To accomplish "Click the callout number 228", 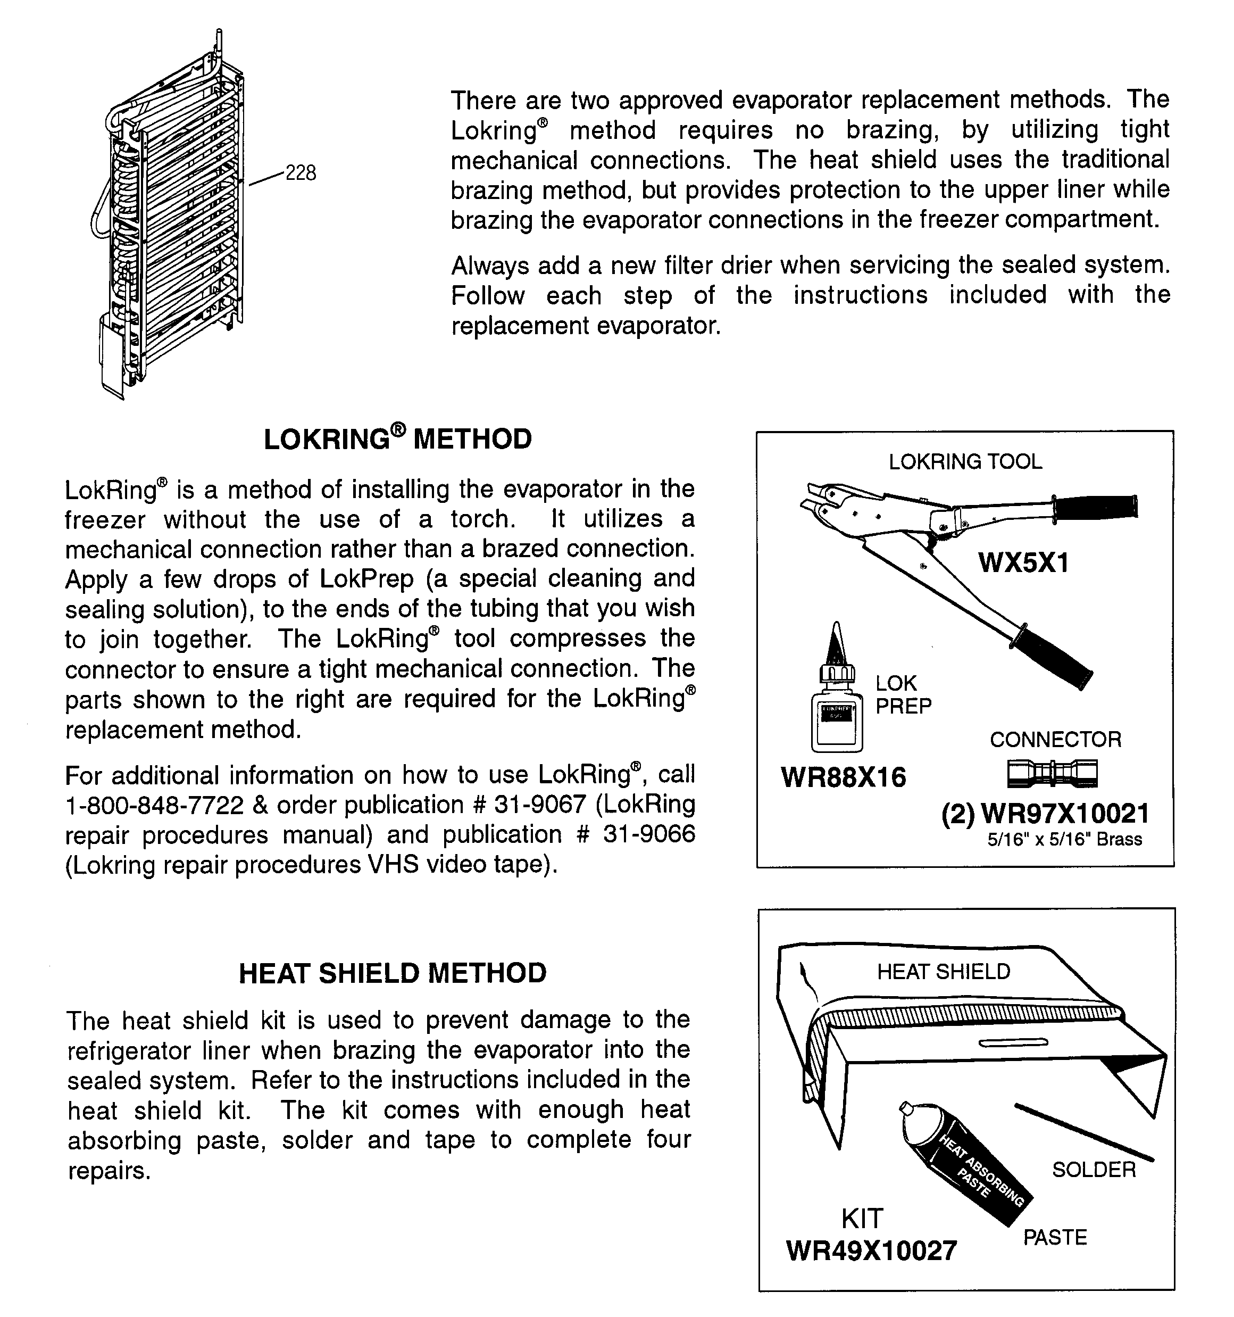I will click(300, 173).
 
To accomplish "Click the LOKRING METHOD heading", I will click(397, 439).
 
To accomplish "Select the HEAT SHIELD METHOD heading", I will click(392, 973).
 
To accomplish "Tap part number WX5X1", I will click(1023, 563).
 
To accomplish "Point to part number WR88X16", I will click(843, 777).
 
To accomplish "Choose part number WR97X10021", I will click(1064, 814).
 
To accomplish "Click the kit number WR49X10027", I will click(871, 1251).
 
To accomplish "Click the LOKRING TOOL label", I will click(965, 462).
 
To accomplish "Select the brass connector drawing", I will click(1052, 773).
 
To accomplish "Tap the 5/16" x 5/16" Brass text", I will click(1064, 839).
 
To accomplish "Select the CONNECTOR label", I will click(1055, 739).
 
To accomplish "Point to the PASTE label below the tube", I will click(1055, 1238).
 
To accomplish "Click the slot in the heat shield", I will click(1013, 1043).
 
